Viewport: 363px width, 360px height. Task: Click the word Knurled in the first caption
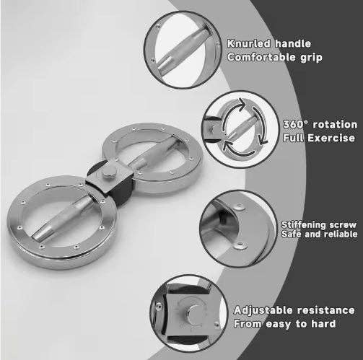[248, 43]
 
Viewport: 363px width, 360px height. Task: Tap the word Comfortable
[261, 57]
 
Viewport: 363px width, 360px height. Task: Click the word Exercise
[331, 138]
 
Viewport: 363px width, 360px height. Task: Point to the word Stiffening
[304, 225]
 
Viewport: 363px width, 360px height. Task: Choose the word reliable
[340, 234]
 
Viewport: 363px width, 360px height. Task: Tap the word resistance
[326, 310]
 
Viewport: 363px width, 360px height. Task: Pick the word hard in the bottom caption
[323, 324]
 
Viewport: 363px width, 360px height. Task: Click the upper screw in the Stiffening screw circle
[240, 206]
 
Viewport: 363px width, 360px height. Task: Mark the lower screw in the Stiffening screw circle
[240, 245]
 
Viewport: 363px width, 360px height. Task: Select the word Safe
[291, 234]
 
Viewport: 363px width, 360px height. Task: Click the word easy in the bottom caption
[279, 324]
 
